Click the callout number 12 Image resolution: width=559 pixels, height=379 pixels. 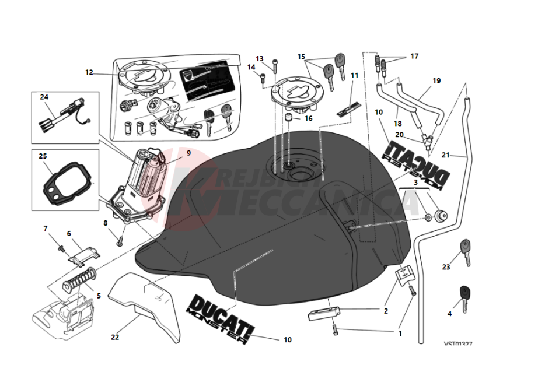point(89,73)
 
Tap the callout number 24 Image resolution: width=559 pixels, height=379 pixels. point(44,97)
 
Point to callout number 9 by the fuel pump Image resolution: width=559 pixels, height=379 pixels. point(188,153)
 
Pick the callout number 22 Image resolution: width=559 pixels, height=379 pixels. point(115,336)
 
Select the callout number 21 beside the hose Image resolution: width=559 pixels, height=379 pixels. point(446,155)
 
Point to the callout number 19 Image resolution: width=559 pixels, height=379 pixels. point(436,81)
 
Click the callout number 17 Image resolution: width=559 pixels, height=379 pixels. point(414,57)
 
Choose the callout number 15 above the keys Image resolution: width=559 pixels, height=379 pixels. point(301,57)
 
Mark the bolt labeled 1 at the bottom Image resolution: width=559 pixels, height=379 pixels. point(336,329)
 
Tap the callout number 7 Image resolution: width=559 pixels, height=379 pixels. point(46,228)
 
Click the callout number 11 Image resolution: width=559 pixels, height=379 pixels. point(354,75)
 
